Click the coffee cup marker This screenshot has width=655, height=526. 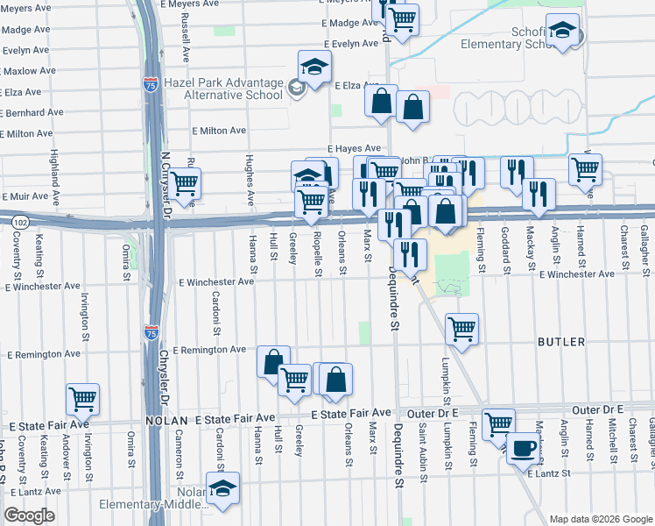tap(525, 448)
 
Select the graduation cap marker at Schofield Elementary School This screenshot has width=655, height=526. tap(561, 30)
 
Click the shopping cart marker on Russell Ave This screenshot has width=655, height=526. tap(185, 182)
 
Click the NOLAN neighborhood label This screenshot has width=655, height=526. tap(169, 421)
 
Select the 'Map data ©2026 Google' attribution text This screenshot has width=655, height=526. tap(600, 519)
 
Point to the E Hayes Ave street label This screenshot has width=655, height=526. tap(355, 149)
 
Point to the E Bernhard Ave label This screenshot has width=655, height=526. tap(32, 112)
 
